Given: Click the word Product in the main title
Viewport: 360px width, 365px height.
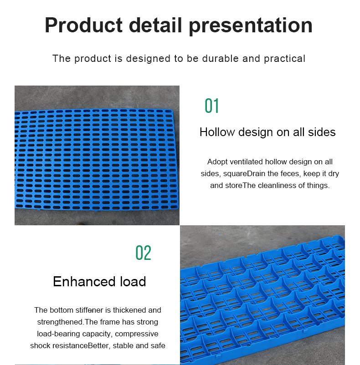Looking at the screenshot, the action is [x=84, y=25].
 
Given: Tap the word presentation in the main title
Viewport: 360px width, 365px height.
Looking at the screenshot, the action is [x=251, y=26].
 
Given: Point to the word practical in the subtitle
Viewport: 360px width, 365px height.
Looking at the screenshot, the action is [x=284, y=59].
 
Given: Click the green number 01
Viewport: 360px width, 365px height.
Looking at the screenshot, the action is [x=211, y=106].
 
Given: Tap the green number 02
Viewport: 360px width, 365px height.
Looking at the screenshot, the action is [x=143, y=253].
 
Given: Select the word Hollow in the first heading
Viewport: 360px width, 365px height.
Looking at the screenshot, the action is [x=217, y=132].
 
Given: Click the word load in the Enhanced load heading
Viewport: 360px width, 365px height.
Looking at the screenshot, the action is [x=133, y=281].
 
